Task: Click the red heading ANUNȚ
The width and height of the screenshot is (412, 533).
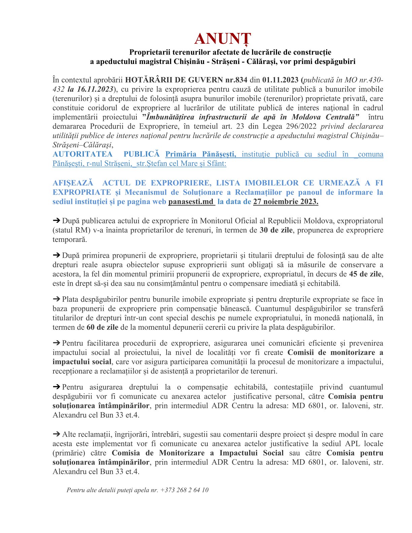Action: tap(222, 39)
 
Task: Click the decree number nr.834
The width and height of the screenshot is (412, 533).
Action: tap(236, 80)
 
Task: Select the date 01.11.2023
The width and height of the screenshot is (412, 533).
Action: tap(280, 80)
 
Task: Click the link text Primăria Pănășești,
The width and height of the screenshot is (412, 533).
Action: tap(201, 154)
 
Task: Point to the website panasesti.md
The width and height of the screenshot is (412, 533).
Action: tap(191, 202)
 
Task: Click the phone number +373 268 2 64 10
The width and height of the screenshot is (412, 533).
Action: tap(184, 490)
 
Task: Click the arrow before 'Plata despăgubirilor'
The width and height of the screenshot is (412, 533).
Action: tap(56, 299)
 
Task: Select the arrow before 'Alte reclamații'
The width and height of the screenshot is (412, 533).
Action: tap(56, 434)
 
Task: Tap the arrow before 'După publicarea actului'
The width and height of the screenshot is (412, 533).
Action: tap(56, 221)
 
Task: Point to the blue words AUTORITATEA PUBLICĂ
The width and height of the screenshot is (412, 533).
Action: tap(106, 154)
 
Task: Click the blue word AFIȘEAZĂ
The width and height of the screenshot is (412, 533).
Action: tap(73, 183)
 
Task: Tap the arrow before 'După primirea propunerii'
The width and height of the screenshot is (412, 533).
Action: tap(56, 255)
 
